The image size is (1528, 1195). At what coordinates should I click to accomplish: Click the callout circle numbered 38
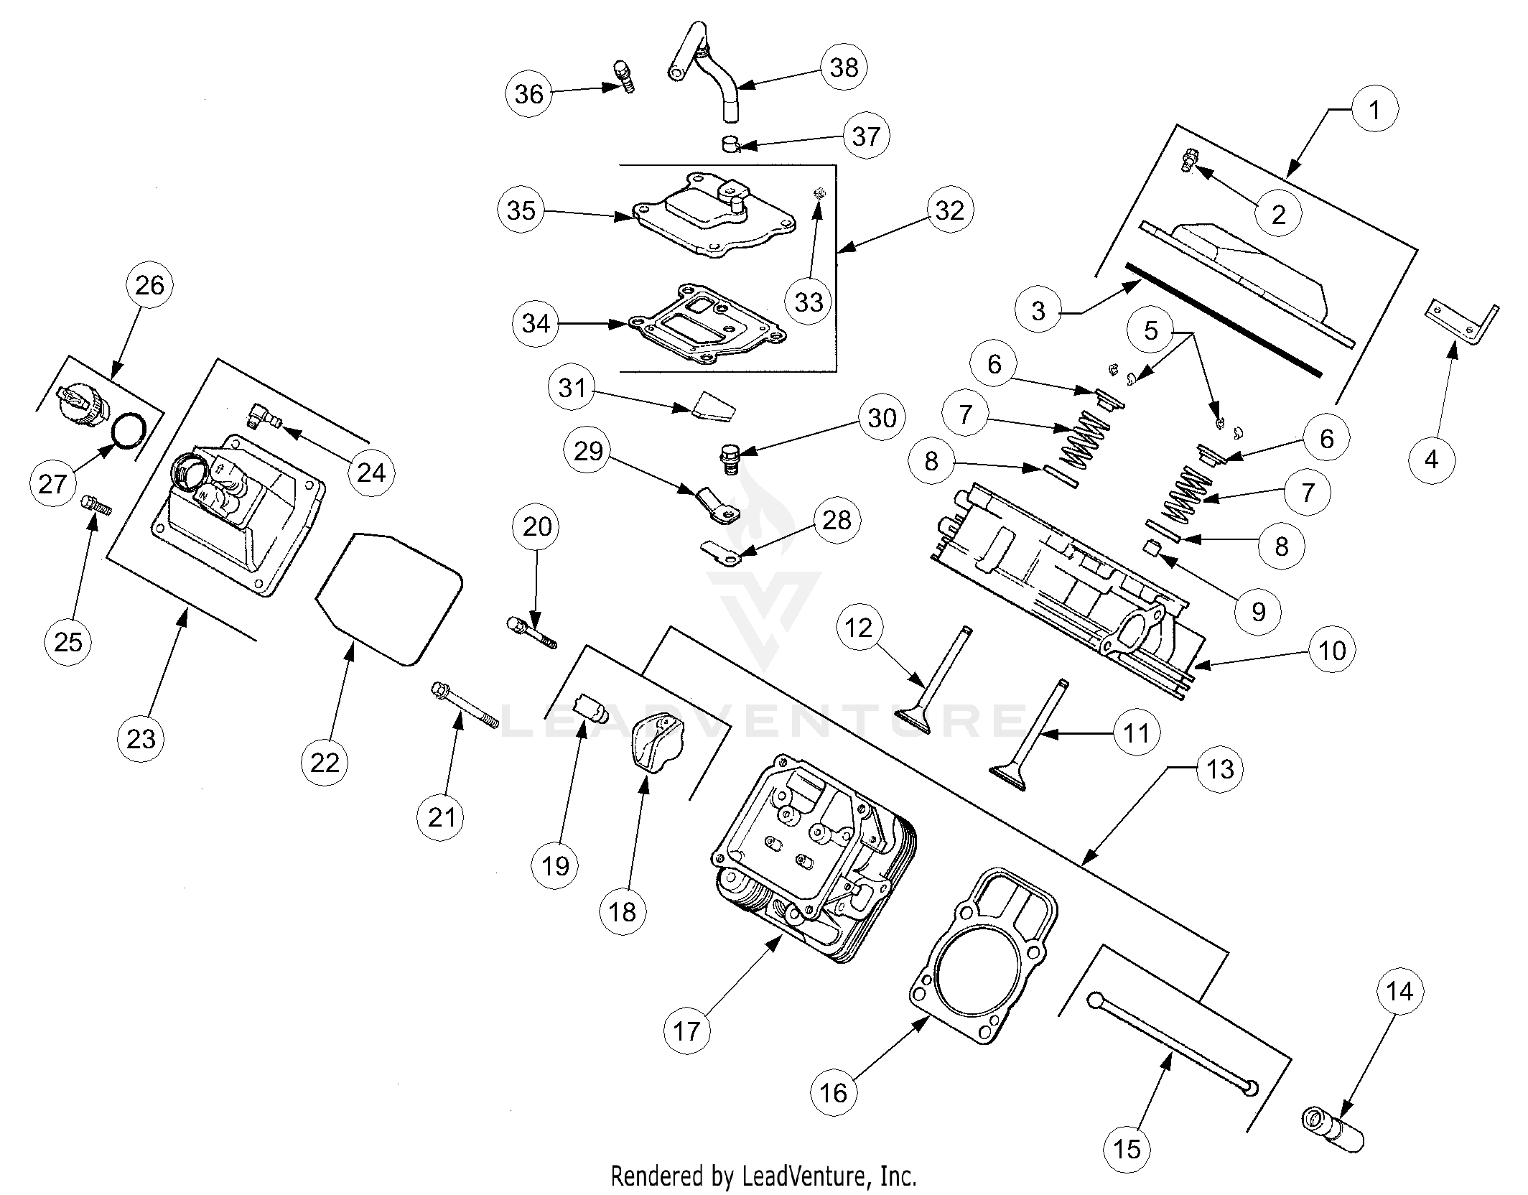point(844,68)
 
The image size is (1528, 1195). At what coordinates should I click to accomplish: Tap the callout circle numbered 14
point(1399,992)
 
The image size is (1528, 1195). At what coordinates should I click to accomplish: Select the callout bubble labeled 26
point(149,286)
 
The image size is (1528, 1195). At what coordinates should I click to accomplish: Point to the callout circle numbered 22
point(325,762)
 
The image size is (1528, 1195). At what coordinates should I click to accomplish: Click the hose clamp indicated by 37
point(731,143)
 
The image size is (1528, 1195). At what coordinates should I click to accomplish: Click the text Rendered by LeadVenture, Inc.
point(763,1176)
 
